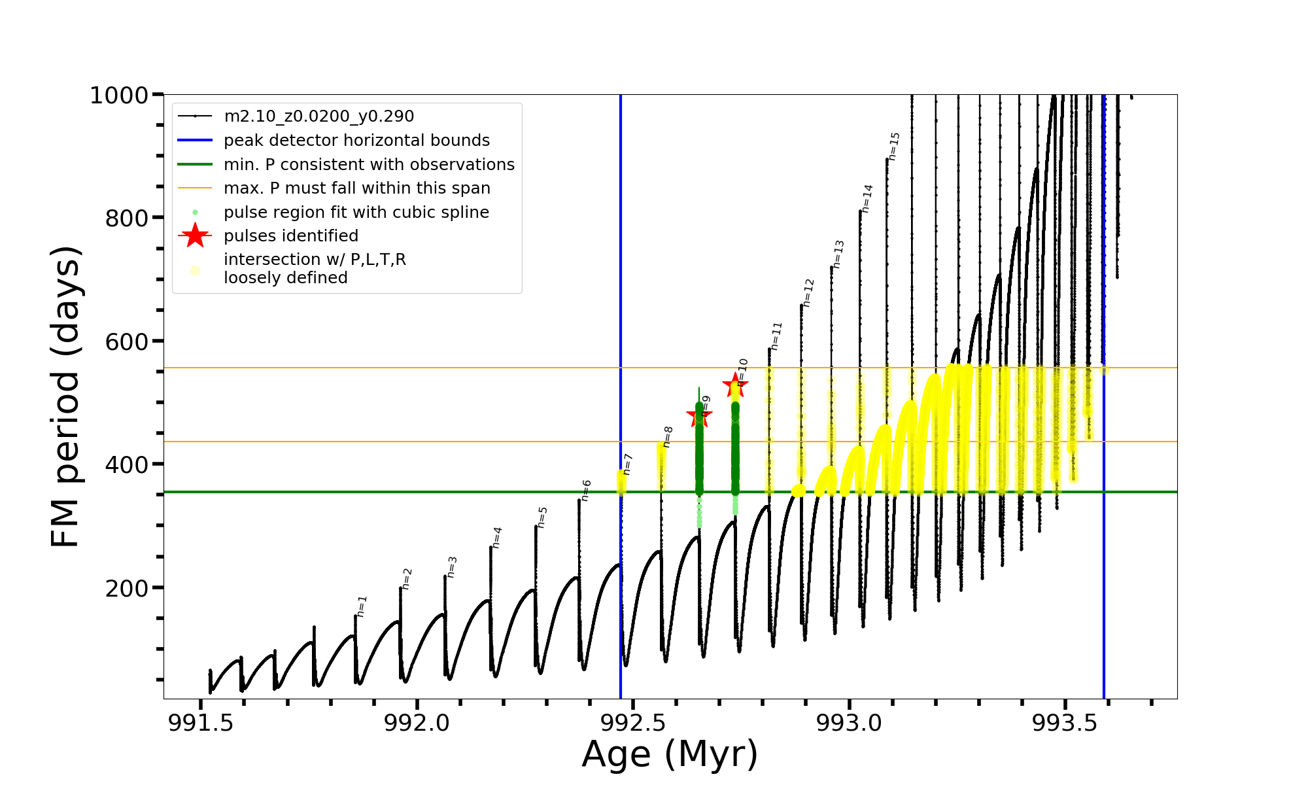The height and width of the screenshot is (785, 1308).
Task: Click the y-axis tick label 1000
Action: tap(118, 96)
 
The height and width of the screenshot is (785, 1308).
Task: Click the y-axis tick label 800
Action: tap(126, 218)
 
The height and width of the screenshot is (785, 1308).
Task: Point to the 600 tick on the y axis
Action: tap(126, 341)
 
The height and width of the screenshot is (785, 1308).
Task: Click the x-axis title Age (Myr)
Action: tap(670, 754)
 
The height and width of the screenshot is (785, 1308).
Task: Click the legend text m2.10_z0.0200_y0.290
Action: tap(318, 116)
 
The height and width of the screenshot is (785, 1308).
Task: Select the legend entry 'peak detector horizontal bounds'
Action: tap(356, 141)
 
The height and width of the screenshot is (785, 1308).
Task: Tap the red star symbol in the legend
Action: tap(195, 235)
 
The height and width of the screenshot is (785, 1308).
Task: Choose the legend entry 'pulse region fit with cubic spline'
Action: tap(356, 213)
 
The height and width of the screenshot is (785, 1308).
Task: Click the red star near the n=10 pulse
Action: tap(735, 385)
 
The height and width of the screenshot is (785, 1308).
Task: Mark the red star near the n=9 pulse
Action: tap(699, 415)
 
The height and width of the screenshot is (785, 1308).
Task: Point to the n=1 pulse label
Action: tap(362, 606)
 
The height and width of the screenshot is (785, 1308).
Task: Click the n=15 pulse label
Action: tap(894, 146)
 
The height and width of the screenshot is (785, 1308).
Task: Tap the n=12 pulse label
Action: tap(808, 292)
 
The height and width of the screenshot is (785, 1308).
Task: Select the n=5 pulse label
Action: tap(542, 517)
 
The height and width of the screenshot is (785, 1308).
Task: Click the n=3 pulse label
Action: tap(452, 567)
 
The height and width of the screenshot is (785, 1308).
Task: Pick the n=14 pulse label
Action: tap(867, 198)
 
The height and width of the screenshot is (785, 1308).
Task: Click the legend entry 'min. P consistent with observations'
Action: tap(369, 165)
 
